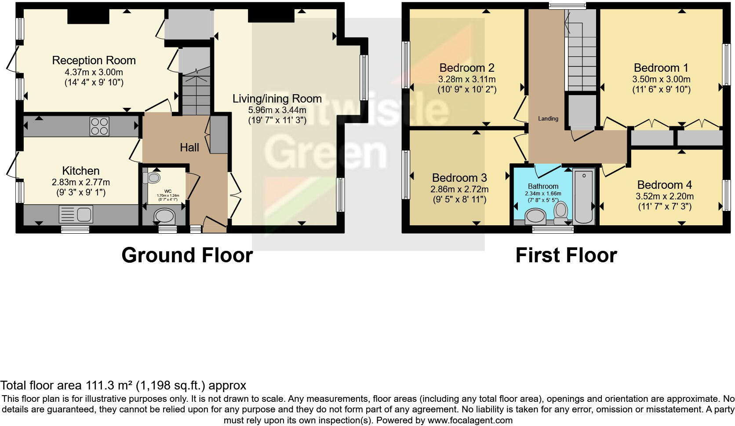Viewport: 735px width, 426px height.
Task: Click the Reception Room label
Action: [94, 60]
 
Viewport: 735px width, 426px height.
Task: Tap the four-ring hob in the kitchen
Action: [99, 126]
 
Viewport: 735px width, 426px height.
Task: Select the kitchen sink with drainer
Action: [76, 215]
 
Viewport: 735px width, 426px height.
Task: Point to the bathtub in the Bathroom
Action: [583, 196]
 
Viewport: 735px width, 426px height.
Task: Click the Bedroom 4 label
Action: [664, 185]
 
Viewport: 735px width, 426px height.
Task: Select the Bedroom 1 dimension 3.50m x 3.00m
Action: [661, 79]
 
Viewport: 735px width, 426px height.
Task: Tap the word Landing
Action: [548, 118]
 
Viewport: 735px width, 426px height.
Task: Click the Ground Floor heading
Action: [187, 255]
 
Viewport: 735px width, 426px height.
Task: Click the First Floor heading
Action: [566, 255]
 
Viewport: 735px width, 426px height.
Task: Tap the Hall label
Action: [189, 147]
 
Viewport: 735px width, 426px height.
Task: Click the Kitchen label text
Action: [81, 171]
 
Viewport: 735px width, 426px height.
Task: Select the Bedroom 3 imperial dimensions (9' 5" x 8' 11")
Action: [459, 199]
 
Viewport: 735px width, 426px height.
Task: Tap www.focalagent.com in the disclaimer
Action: [469, 420]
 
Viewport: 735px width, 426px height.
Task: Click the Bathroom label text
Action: [543, 186]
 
